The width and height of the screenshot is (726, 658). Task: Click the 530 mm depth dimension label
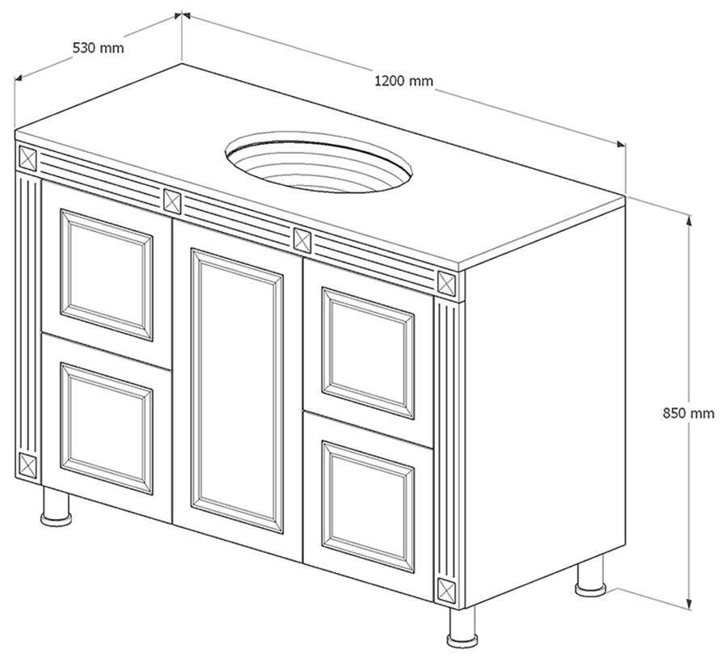[98, 47]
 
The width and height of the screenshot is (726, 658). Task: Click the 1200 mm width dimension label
[403, 81]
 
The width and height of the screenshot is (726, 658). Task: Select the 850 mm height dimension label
[689, 412]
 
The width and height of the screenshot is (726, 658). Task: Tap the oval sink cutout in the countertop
[319, 162]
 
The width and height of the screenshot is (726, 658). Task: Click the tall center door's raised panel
[237, 390]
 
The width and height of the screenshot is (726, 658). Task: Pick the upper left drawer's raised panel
[107, 275]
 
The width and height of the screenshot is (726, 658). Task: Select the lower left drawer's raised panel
[107, 428]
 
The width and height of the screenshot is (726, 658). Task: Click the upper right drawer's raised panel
[368, 353]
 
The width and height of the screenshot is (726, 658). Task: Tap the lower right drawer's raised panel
[368, 507]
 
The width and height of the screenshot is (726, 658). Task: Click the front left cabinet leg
[56, 506]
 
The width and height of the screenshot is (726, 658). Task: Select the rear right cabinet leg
[590, 576]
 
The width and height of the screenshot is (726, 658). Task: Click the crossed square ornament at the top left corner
[27, 158]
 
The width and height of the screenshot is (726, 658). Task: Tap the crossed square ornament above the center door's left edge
[172, 201]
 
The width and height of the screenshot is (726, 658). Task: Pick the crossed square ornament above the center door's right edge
[303, 241]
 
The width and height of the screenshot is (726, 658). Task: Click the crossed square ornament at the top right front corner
[447, 283]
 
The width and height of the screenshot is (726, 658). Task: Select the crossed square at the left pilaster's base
[27, 465]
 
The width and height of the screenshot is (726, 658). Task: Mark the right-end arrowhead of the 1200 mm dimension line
[621, 145]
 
